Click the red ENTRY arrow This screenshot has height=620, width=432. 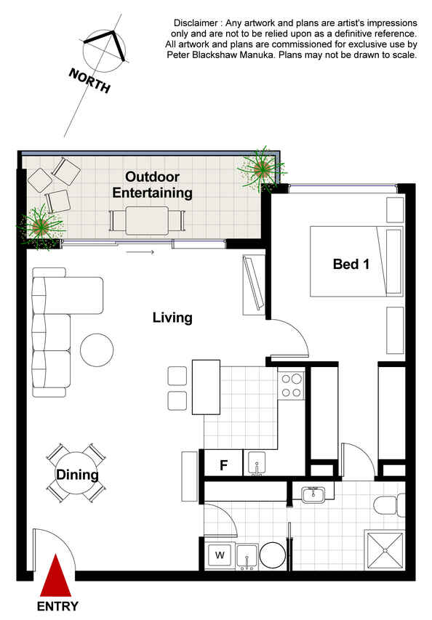pyautogui.click(x=56, y=577)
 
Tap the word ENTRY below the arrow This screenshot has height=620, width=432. pyautogui.click(x=57, y=606)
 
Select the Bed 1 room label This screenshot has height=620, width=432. pyautogui.click(x=351, y=264)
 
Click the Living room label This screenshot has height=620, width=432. pyautogui.click(x=172, y=318)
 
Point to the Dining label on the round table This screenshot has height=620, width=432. pyautogui.click(x=77, y=475)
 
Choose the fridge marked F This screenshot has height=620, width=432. pyautogui.click(x=223, y=462)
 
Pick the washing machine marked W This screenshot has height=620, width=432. pyautogui.click(x=220, y=555)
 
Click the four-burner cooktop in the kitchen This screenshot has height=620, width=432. pyautogui.click(x=292, y=386)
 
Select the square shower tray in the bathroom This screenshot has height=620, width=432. pyautogui.click(x=384, y=550)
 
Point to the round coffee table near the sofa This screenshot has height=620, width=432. pyautogui.click(x=97, y=350)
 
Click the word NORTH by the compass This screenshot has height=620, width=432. pyautogui.click(x=89, y=80)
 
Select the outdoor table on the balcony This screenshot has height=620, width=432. pyautogui.click(x=147, y=221)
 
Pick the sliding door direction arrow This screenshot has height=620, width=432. pyautogui.click(x=140, y=251)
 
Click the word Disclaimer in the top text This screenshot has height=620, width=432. pyautogui.click(x=196, y=23)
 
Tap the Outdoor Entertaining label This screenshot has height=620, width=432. pyautogui.click(x=152, y=185)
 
